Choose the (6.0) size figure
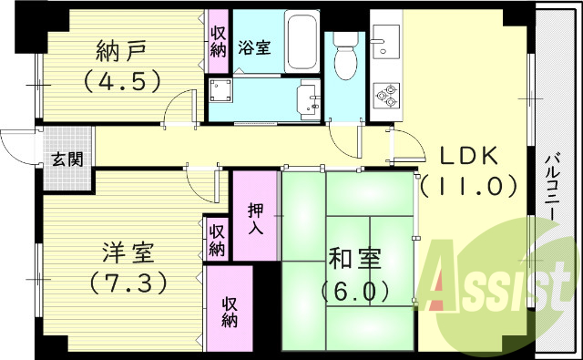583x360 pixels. pos(355,291)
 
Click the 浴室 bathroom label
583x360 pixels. pos(254,48)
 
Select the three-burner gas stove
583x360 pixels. pos(386,94)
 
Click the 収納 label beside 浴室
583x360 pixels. pos(219,42)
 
